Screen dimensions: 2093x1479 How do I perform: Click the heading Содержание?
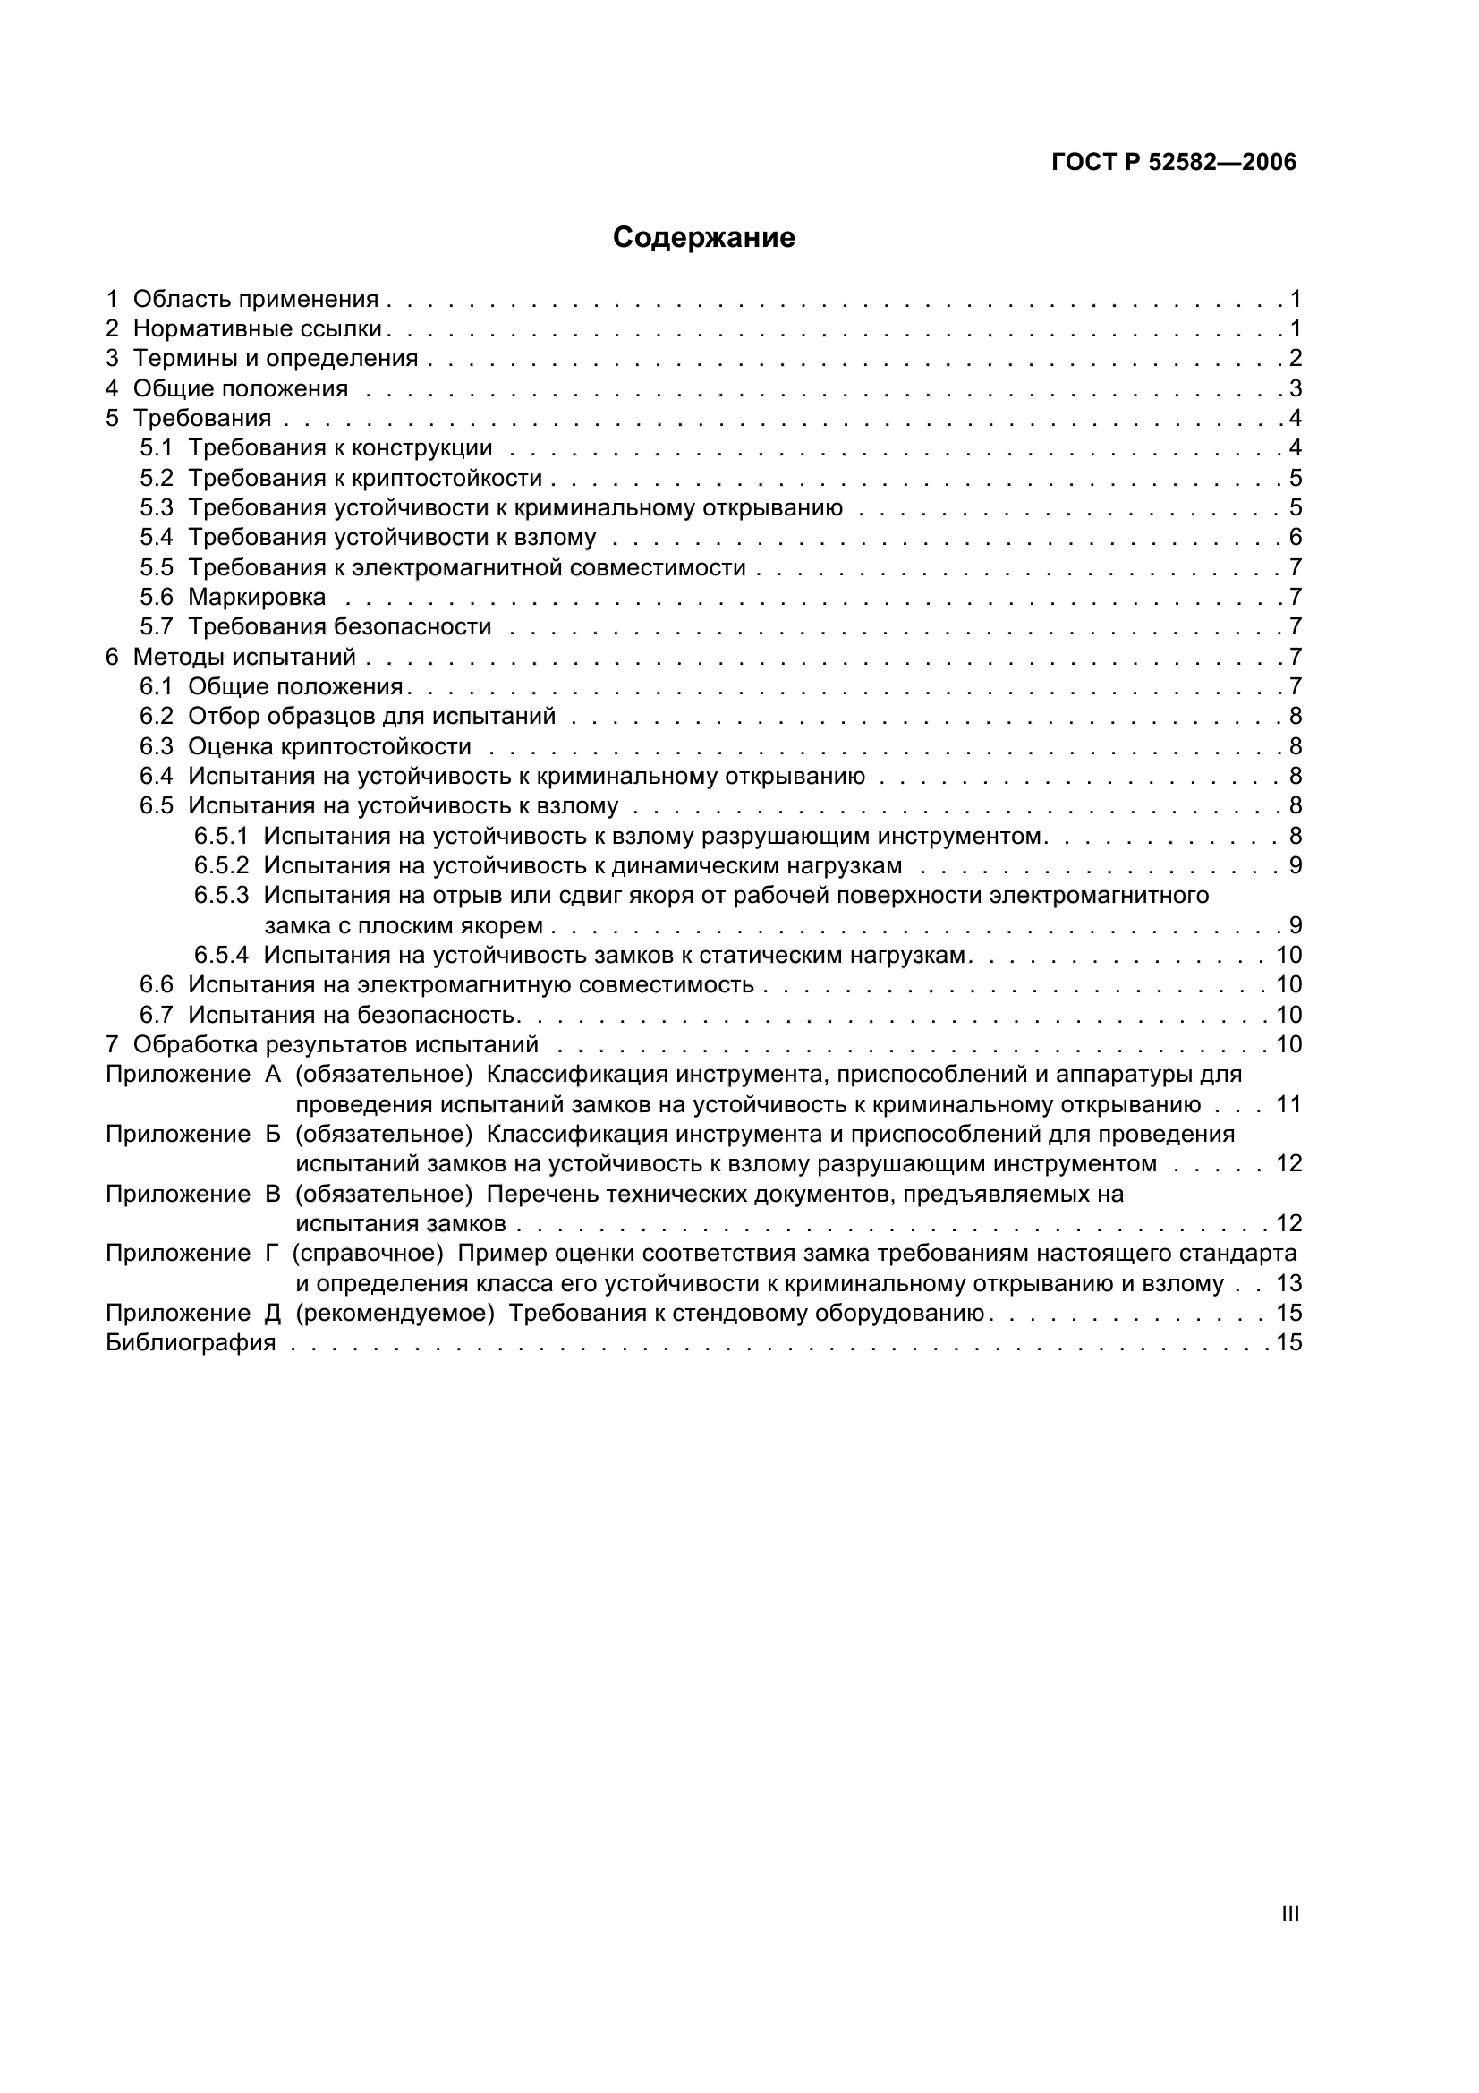(x=703, y=237)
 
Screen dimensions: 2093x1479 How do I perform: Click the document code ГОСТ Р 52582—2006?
(x=1174, y=162)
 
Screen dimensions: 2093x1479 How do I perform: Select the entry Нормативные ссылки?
(x=257, y=328)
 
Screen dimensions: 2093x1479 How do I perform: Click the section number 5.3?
(x=156, y=507)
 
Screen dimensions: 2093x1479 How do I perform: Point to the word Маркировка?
(x=257, y=597)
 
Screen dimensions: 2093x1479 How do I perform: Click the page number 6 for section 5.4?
(x=1295, y=537)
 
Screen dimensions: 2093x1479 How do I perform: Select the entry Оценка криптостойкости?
(x=329, y=746)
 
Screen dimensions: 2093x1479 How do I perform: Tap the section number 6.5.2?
(x=220, y=865)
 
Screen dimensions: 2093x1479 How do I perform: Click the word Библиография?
(x=191, y=1343)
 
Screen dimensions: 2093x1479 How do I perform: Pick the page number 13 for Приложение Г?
(x=1288, y=1283)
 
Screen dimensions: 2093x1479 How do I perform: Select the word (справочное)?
(x=368, y=1254)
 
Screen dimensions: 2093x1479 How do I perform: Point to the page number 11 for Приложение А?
(x=1288, y=1105)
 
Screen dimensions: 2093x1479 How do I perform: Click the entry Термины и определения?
(x=276, y=358)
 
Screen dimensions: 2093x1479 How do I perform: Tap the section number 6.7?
(x=156, y=1015)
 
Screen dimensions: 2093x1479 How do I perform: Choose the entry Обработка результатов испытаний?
(x=336, y=1044)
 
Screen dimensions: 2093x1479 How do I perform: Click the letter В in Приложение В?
(x=273, y=1195)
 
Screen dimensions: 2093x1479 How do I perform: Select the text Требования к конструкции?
(x=340, y=447)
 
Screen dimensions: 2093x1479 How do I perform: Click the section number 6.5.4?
(x=220, y=956)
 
